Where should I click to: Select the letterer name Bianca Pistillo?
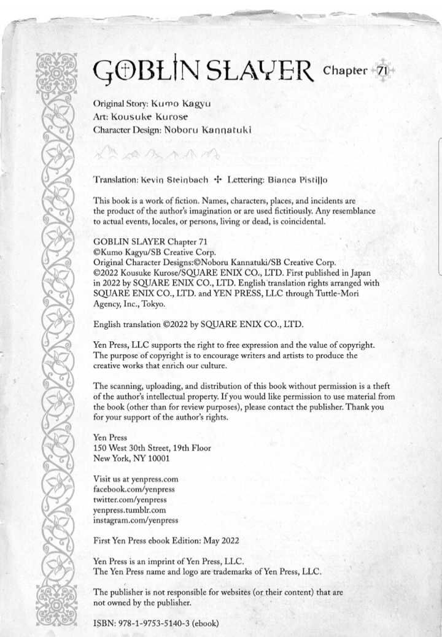[x=297, y=180]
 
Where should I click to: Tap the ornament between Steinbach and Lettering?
[x=217, y=180]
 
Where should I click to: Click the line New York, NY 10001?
[x=131, y=458]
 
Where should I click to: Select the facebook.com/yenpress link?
[x=134, y=489]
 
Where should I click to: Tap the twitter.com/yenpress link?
[x=130, y=500]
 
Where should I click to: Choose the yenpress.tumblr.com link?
[x=130, y=509]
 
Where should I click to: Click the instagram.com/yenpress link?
[x=136, y=520]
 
